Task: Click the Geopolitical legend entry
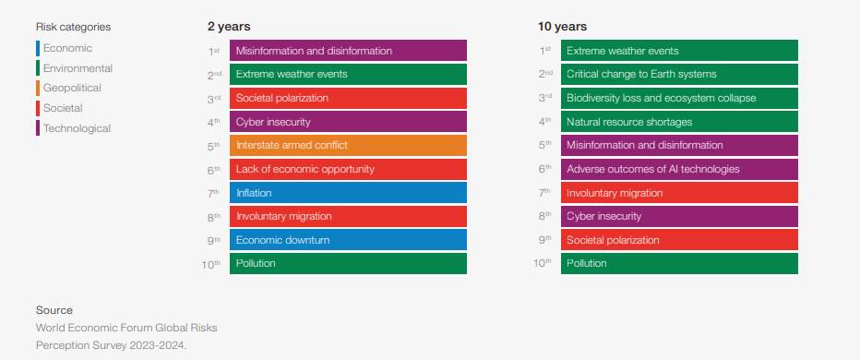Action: (72, 89)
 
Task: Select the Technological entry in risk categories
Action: (77, 129)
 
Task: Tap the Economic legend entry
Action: (67, 48)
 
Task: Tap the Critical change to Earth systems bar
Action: (679, 74)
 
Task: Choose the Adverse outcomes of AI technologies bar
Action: (679, 169)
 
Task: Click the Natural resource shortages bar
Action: (679, 122)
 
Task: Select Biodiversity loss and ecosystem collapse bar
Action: (679, 98)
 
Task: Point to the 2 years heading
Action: (229, 27)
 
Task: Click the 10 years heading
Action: (562, 27)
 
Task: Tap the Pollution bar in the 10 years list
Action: (679, 264)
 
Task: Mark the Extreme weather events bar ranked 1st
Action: (679, 51)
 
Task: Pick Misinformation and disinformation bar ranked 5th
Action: (679, 145)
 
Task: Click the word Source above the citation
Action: (54, 310)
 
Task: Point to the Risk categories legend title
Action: (73, 28)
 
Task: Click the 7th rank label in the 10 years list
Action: (545, 193)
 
